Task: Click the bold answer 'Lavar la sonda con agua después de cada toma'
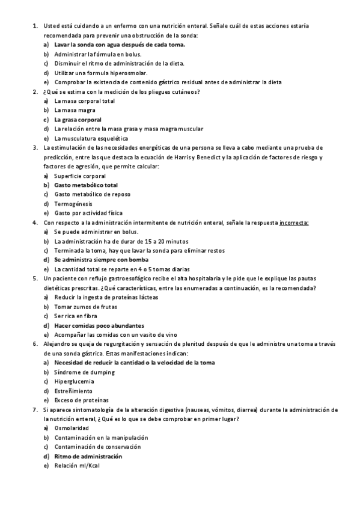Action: coord(119,45)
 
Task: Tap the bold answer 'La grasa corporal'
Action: coord(78,120)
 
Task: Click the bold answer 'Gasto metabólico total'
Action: coord(86,185)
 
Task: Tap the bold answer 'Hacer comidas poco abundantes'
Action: coord(99,325)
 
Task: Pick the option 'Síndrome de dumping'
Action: coord(83,372)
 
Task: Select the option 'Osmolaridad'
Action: coord(72,428)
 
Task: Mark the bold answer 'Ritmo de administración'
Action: coord(88,456)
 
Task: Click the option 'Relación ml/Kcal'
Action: coord(78,465)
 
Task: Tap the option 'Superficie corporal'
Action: coord(80,176)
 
